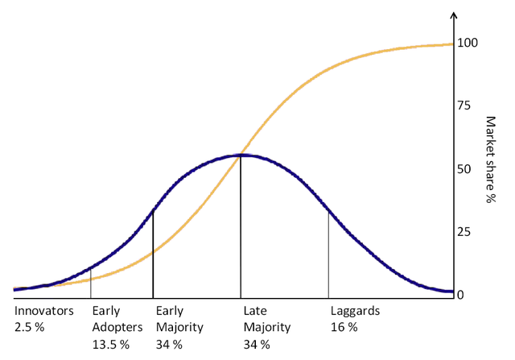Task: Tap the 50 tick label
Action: tap(465, 169)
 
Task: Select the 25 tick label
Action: tap(465, 232)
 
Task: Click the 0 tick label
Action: tap(462, 295)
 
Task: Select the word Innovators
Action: tap(43, 311)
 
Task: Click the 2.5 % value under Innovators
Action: tap(31, 327)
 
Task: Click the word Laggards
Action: tap(355, 311)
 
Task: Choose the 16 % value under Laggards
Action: tap(344, 327)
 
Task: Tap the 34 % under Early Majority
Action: tap(169, 344)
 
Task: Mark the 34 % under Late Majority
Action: tap(256, 344)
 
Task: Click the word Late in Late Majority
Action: tap(254, 311)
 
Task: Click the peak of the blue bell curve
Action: tap(241, 155)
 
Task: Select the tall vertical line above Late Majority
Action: tap(241, 226)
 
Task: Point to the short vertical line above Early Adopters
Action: tap(91, 282)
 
